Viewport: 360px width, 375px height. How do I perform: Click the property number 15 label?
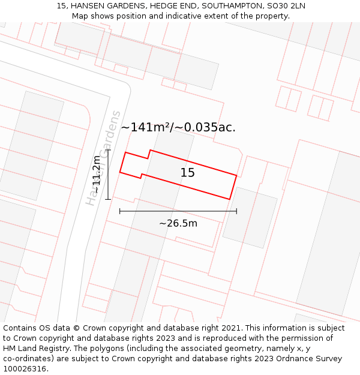click(188, 173)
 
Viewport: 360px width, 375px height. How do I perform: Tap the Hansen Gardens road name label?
click(103, 158)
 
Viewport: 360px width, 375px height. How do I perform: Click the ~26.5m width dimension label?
click(178, 224)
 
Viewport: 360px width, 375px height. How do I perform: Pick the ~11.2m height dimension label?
click(97, 175)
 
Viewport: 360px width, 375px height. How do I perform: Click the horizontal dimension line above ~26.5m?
click(178, 211)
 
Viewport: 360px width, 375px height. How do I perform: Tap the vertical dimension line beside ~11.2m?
click(108, 175)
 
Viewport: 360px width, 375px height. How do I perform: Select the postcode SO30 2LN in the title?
click(286, 5)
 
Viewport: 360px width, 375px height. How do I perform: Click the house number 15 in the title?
click(62, 5)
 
